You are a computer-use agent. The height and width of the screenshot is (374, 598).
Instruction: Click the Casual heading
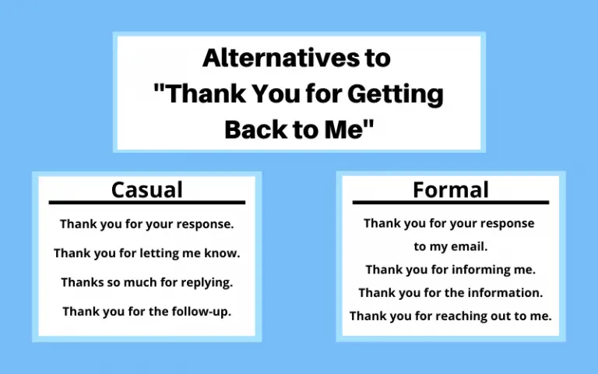click(147, 189)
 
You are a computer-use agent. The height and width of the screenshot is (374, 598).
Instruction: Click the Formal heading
click(450, 189)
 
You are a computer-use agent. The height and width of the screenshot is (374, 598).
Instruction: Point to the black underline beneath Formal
click(450, 203)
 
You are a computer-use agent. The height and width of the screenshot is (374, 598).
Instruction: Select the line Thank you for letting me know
click(147, 253)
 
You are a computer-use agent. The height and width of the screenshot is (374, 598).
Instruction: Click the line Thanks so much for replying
click(147, 282)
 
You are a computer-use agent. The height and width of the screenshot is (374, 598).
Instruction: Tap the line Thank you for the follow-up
click(147, 311)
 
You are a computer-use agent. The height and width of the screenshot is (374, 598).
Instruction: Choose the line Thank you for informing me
click(450, 270)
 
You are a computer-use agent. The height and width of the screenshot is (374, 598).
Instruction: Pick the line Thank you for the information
click(450, 293)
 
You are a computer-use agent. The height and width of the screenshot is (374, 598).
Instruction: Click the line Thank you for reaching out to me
click(450, 316)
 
